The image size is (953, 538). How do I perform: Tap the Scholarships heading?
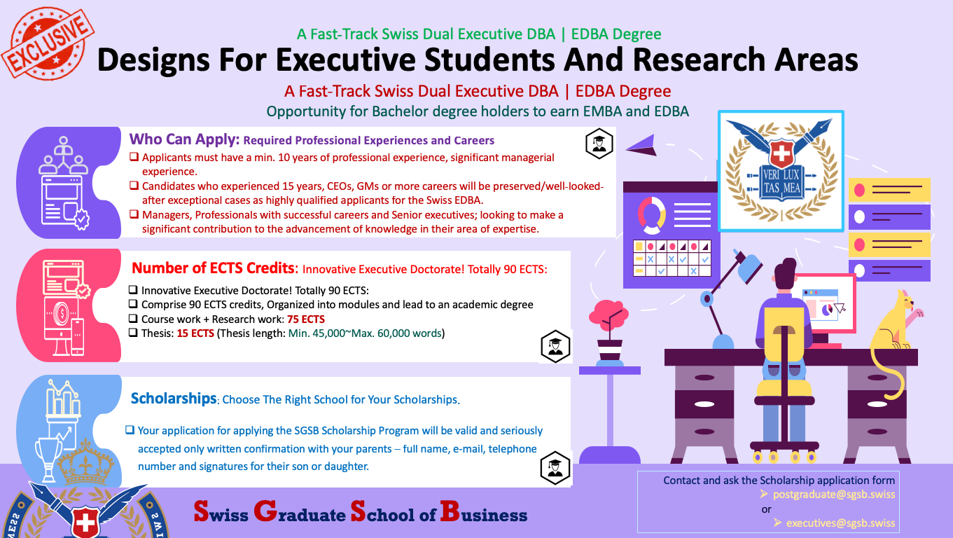tap(174, 399)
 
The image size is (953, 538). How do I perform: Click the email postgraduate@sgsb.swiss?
tap(833, 495)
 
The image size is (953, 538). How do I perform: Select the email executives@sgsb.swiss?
tap(840, 523)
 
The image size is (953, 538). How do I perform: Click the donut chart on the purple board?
tap(652, 214)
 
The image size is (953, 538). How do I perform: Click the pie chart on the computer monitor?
tap(827, 308)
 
